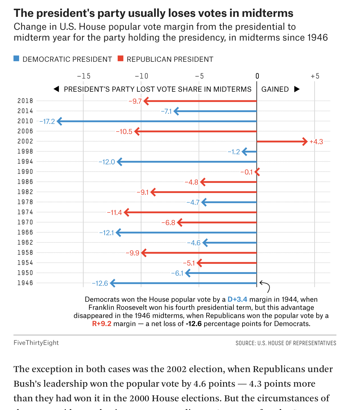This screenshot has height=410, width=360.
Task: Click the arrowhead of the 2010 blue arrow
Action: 59,121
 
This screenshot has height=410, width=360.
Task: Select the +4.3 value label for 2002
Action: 316,142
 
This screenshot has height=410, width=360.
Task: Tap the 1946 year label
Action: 25,283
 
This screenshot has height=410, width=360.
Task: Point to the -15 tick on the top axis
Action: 84,76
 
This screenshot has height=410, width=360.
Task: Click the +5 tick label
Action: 315,76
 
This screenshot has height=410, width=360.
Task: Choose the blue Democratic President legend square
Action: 17,59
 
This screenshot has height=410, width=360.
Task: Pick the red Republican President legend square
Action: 121,59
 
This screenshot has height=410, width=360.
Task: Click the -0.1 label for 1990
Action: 247,172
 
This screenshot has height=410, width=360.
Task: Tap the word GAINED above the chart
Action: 275,89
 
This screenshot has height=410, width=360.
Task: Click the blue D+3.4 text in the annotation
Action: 237,299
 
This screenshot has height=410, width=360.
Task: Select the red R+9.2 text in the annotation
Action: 102,324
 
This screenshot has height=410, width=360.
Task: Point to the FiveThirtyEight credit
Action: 36,343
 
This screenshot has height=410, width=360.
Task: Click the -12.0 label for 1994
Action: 107,162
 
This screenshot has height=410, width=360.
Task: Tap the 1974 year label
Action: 25,212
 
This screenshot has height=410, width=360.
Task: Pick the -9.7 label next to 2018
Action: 135,101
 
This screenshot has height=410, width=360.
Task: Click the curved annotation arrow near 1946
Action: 265,286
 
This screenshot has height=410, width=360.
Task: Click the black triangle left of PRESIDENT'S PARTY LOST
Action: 56,89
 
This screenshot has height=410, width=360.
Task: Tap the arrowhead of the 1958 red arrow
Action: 143,253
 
